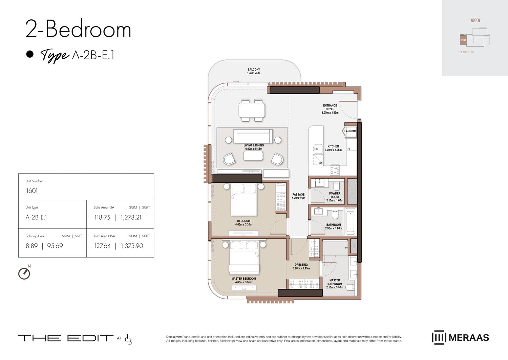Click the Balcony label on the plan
254,69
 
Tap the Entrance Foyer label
330,107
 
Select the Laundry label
351,131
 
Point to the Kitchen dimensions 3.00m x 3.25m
333,150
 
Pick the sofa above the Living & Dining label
253,136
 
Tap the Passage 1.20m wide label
298,196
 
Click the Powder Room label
335,195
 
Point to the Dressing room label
301,265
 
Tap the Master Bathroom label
335,282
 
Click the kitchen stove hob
335,169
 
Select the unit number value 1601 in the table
32,191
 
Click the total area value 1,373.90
132,246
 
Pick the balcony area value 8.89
32,246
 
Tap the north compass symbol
24,273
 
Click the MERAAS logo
460,338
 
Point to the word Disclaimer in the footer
174,337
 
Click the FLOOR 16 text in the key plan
466,52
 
